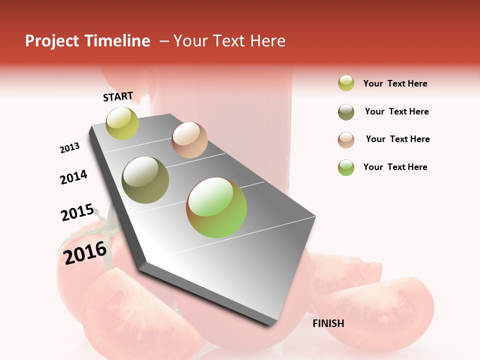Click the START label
click(x=118, y=96)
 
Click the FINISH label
click(x=328, y=323)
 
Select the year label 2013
click(x=69, y=148)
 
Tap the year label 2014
click(x=73, y=177)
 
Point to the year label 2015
click(x=77, y=212)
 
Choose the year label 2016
click(x=85, y=252)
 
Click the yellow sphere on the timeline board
click(x=122, y=123)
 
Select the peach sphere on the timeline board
click(x=189, y=139)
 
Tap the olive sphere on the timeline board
click(x=145, y=179)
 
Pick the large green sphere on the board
click(x=216, y=207)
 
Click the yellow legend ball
click(x=346, y=83)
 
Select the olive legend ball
click(x=346, y=112)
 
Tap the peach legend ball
click(x=346, y=140)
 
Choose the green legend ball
click(x=346, y=167)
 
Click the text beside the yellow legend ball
click(x=395, y=83)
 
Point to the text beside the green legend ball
click(x=395, y=167)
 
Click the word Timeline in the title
click(x=117, y=41)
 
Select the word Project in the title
click(x=52, y=41)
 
